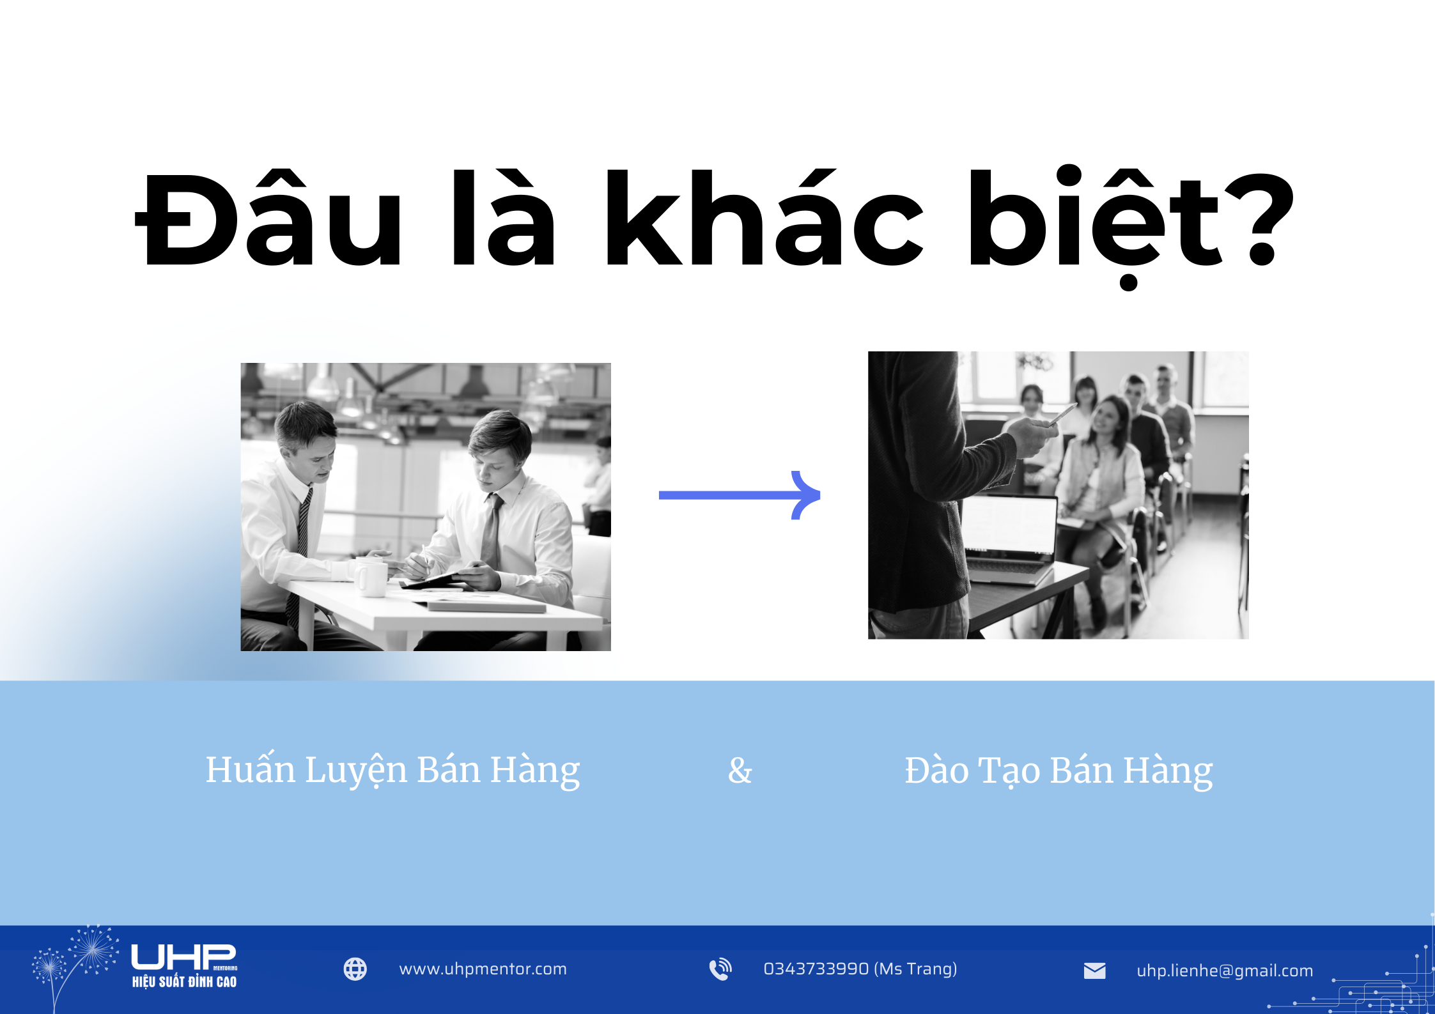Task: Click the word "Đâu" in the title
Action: coord(268,220)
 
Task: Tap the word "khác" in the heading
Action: coord(764,220)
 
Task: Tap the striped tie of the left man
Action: coord(302,537)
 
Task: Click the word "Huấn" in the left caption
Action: coord(250,770)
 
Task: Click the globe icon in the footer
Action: coord(355,969)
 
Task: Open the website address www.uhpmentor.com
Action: coord(483,969)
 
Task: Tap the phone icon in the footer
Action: coord(720,969)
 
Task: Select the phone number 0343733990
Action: coord(816,969)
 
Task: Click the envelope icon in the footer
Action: coord(1094,971)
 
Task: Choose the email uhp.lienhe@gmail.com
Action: coord(1225,971)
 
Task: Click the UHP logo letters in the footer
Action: coord(183,957)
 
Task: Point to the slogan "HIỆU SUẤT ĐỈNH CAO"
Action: coord(184,982)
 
